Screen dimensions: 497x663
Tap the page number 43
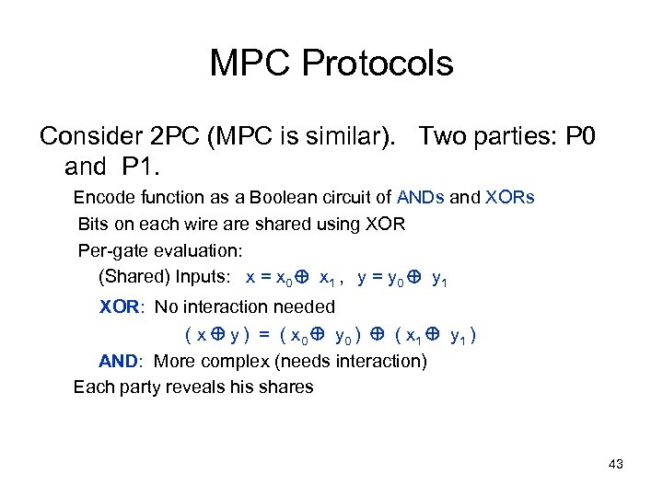point(616,464)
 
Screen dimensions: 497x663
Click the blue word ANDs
point(422,197)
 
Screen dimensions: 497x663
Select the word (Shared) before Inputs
point(133,277)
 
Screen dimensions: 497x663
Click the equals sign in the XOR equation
point(263,334)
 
